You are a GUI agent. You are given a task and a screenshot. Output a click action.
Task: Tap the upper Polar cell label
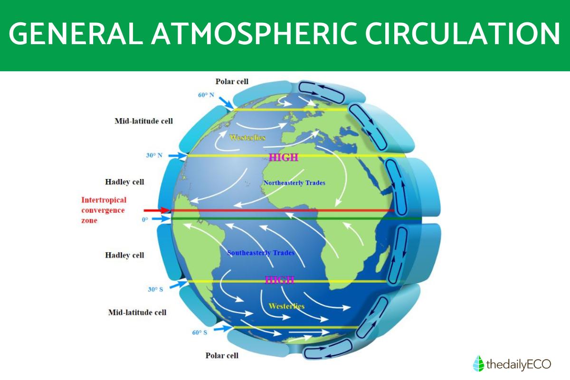point(232,81)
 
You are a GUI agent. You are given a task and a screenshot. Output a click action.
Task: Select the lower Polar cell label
point(222,355)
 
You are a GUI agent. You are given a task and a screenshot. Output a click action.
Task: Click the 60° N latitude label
point(206,95)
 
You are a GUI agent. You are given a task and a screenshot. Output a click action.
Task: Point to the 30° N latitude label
point(154,155)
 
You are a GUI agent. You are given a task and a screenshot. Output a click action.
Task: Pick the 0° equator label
point(145,219)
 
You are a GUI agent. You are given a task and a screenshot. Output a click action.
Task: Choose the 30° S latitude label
point(155,289)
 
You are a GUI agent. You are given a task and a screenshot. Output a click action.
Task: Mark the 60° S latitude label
point(200,332)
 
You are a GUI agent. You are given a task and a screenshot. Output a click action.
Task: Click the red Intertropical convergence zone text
point(104,210)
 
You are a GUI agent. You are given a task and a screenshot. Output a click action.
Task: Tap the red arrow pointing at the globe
point(156,210)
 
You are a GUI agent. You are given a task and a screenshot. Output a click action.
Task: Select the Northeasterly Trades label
point(294,183)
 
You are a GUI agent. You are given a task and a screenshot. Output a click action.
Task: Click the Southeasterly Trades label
point(261,253)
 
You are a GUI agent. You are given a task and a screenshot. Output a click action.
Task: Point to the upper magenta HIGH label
point(284,158)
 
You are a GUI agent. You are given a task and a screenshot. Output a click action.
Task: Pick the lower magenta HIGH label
point(279,280)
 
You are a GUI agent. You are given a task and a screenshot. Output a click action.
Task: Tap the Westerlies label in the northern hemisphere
point(247,138)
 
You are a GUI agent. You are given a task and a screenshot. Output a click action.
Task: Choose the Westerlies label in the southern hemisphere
point(286,306)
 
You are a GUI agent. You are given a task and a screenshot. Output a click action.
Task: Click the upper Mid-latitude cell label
point(144,121)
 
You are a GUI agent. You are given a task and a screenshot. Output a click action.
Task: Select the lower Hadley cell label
point(124,255)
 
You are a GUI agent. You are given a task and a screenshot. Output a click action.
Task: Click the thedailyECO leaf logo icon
point(478,363)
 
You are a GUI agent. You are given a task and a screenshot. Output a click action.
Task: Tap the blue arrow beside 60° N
point(226,103)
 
